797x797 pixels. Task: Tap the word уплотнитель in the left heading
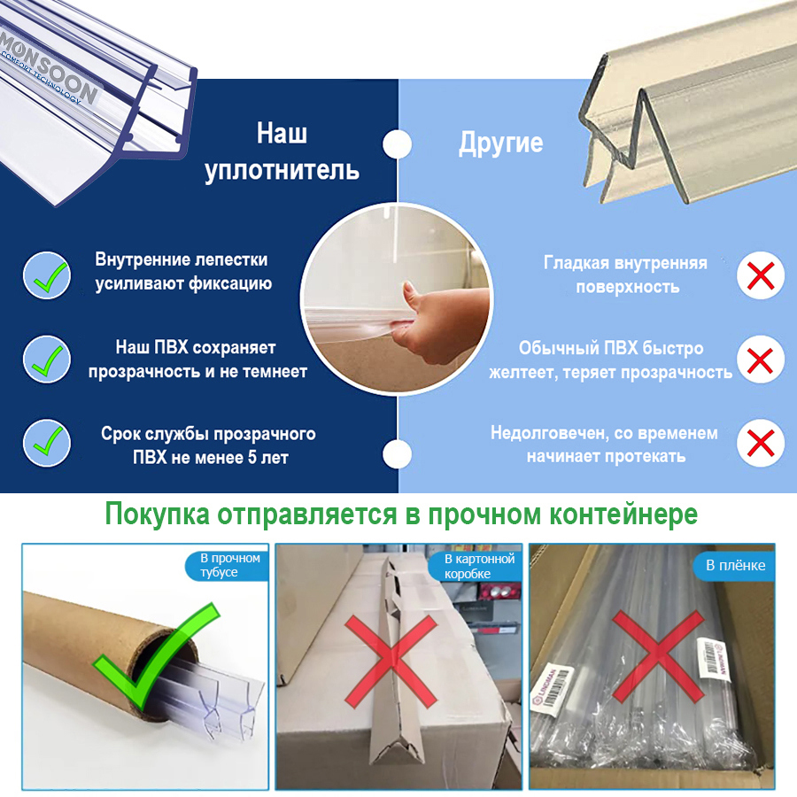point(282,170)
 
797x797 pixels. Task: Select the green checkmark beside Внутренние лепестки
point(46,274)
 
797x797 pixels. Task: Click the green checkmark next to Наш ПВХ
point(46,359)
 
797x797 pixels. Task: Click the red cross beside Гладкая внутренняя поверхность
point(761,275)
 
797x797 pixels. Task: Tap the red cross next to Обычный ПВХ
point(761,360)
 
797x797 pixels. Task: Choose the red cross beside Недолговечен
point(761,442)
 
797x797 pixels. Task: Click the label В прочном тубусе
point(224,566)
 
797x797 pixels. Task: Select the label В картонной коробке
point(478,566)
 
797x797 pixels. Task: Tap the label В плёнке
point(735,566)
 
